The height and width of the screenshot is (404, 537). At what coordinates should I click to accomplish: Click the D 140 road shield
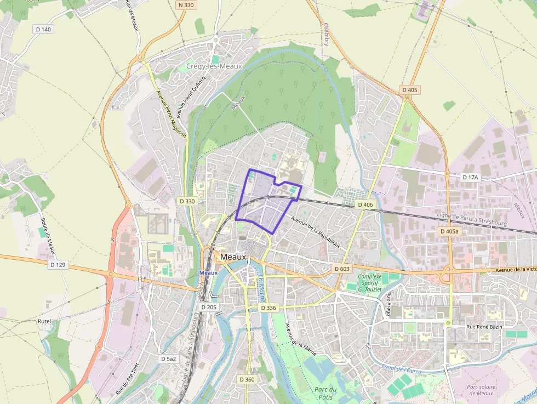tap(43, 29)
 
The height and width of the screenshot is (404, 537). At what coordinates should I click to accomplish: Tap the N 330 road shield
tap(186, 5)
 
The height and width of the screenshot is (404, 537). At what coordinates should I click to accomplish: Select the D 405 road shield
tap(409, 90)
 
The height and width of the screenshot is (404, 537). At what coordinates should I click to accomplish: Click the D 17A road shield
tap(470, 178)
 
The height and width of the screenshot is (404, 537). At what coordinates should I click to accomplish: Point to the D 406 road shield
tap(365, 204)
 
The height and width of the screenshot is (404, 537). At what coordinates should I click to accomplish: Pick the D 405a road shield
tap(449, 232)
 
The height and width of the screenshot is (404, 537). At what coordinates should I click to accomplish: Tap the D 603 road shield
tap(341, 269)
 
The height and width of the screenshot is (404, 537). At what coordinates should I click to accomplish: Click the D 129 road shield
tap(58, 265)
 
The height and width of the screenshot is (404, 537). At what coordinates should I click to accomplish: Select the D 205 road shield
tap(209, 308)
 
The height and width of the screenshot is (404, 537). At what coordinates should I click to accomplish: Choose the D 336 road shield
tap(268, 308)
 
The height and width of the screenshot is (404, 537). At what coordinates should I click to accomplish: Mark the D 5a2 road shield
tap(169, 359)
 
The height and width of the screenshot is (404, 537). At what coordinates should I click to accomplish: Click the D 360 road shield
tap(247, 379)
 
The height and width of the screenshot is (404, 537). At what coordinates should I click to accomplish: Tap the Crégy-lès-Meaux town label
tap(214, 66)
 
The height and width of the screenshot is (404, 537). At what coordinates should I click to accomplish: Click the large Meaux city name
tap(234, 257)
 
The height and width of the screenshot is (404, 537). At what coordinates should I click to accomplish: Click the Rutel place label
tap(44, 321)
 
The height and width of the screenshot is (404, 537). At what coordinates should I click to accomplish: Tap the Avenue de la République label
tap(317, 232)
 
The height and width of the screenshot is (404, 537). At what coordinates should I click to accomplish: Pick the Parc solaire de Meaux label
tap(480, 390)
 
